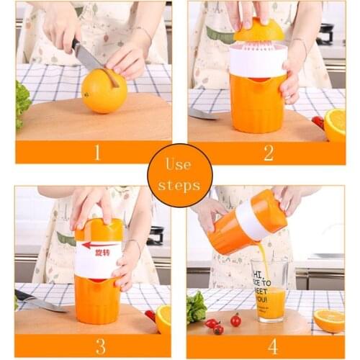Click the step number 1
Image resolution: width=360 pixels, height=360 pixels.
pyautogui.click(x=94, y=152)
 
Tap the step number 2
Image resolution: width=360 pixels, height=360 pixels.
pyautogui.click(x=267, y=152)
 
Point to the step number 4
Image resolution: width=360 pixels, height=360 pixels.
pyautogui.click(x=272, y=346)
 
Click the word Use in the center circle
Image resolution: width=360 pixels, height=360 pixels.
pyautogui.click(x=179, y=164)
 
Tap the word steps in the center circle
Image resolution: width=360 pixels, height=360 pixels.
pyautogui.click(x=179, y=186)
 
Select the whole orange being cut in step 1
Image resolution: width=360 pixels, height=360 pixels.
pyautogui.click(x=104, y=91)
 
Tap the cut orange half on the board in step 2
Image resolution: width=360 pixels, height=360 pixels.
pyautogui.click(x=335, y=124)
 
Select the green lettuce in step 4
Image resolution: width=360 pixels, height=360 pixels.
pyautogui.click(x=196, y=307)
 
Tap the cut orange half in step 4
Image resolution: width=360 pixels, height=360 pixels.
pyautogui.click(x=330, y=320)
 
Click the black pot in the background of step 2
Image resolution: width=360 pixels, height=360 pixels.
pyautogui.click(x=326, y=32)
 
